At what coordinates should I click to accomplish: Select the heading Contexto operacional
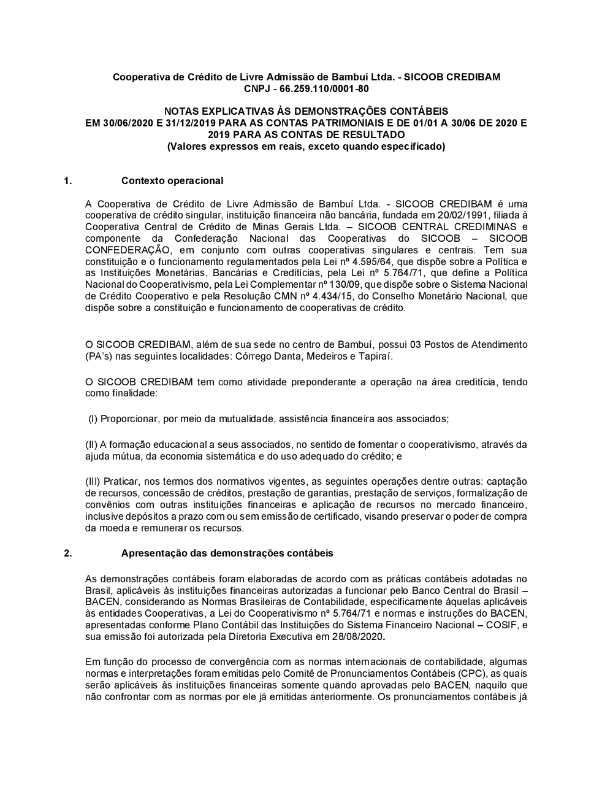click(172, 180)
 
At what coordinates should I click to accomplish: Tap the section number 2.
click(67, 553)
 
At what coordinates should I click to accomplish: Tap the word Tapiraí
click(375, 356)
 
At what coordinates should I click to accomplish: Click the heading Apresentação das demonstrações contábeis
click(227, 553)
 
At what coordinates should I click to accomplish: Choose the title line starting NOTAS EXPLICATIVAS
click(306, 111)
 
